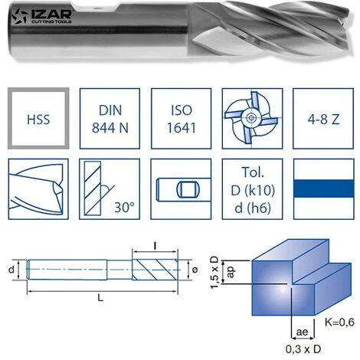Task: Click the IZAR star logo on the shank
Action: point(19,16)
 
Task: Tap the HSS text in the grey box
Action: point(38,119)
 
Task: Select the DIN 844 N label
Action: point(110,119)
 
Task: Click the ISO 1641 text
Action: point(182,119)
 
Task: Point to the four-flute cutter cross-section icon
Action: point(252,118)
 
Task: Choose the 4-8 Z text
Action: point(323,119)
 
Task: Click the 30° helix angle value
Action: point(124,208)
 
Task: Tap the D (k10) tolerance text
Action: point(253,190)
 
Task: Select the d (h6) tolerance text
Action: point(253,208)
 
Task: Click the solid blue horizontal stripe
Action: point(324,188)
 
